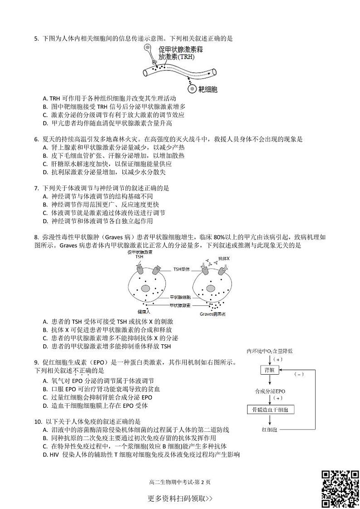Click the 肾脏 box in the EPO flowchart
270,371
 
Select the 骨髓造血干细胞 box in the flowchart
270,410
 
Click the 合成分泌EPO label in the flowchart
270,390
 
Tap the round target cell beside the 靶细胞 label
192,89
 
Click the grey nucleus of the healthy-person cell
146,289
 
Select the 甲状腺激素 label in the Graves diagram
180,305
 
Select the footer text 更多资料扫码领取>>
180,499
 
